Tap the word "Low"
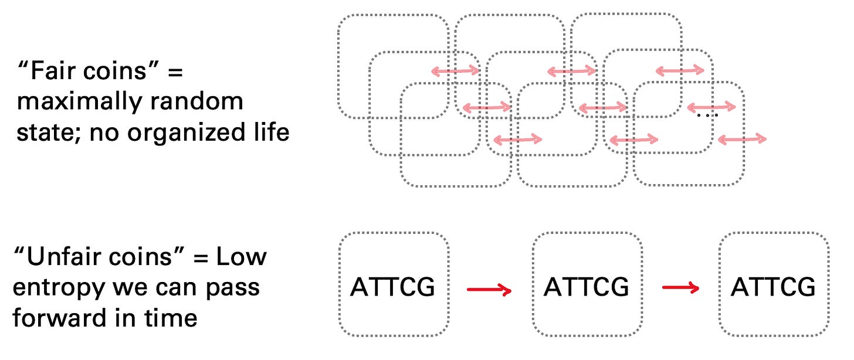(x=244, y=257)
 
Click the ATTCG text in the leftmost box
(x=393, y=287)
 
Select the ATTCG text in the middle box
(x=587, y=287)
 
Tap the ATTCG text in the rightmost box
(x=773, y=287)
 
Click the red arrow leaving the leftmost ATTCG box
(x=490, y=288)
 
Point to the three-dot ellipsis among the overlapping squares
(x=707, y=116)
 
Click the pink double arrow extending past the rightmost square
(x=742, y=139)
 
